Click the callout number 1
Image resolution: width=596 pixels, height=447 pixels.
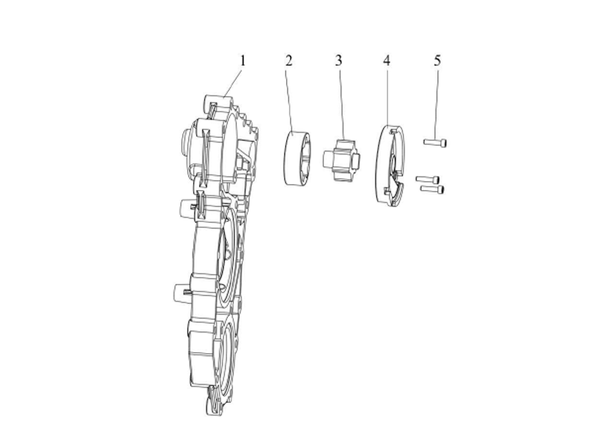point(241,60)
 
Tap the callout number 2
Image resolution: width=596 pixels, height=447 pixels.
point(288,60)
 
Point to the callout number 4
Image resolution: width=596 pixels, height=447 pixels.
point(387,60)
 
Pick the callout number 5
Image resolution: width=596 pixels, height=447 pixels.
point(437,60)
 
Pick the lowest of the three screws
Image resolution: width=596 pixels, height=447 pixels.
point(434,189)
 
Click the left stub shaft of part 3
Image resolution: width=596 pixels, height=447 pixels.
point(329,159)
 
